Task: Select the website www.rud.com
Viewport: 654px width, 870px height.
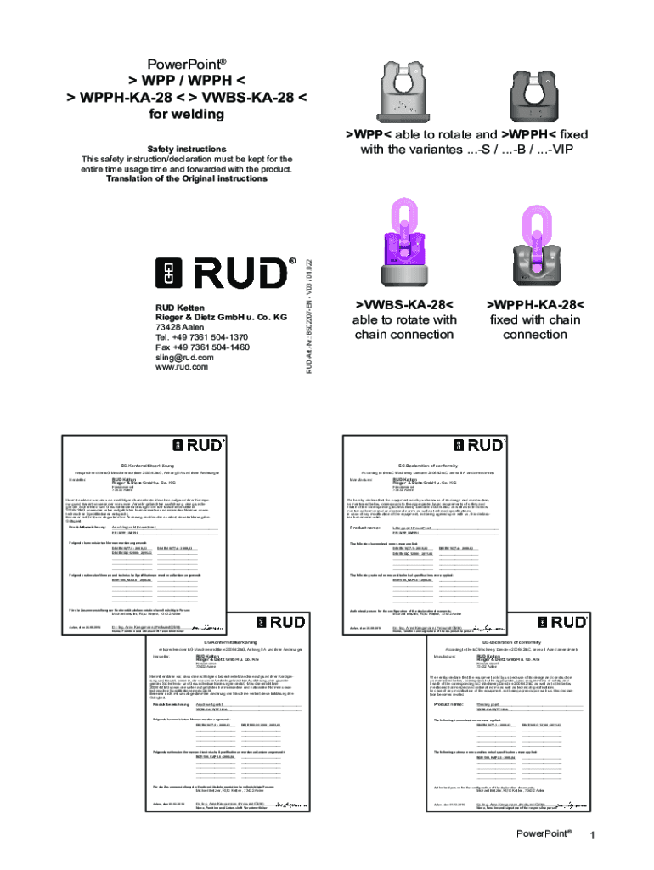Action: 182,367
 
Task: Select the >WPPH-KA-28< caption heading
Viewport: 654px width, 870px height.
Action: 534,305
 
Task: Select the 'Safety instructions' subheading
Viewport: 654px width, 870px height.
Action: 186,148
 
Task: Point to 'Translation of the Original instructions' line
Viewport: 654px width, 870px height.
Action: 186,178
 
